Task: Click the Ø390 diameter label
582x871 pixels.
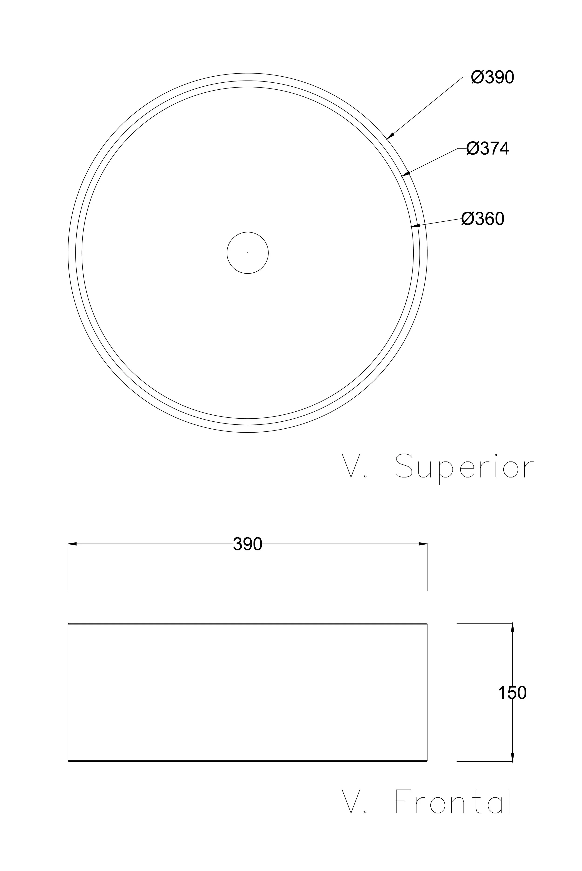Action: pyautogui.click(x=493, y=77)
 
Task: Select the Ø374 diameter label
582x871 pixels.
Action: pyautogui.click(x=488, y=149)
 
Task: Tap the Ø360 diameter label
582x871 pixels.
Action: pyautogui.click(x=483, y=219)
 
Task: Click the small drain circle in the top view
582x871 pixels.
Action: pyautogui.click(x=247, y=232)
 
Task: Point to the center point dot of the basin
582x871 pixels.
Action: pyautogui.click(x=247, y=253)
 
